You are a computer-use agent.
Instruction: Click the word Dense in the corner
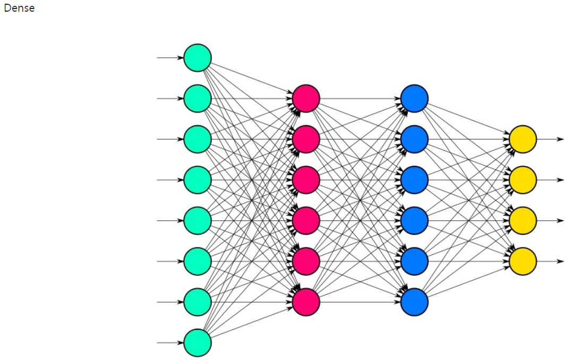[x=19, y=8]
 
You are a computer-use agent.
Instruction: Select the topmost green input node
[x=198, y=57]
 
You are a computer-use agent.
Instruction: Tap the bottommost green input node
[x=198, y=342]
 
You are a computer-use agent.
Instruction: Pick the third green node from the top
[x=198, y=139]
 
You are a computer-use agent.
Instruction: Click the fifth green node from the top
[x=198, y=220]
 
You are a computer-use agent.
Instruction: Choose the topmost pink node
[x=306, y=98]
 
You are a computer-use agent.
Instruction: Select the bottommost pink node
[x=306, y=302]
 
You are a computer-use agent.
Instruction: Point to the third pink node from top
[x=306, y=180]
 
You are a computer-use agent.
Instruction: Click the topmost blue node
[x=414, y=98]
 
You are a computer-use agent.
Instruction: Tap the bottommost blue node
[x=414, y=302]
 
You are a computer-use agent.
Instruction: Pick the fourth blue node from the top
[x=414, y=220]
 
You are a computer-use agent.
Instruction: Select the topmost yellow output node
[x=522, y=139]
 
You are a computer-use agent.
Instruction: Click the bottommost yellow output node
[x=522, y=261]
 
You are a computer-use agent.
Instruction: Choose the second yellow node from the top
[x=522, y=180]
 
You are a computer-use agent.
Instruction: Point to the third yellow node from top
[x=522, y=220]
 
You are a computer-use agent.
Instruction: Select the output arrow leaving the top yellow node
[x=551, y=139]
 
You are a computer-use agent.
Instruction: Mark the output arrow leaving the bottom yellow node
[x=551, y=261]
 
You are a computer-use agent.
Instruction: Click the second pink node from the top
[x=306, y=139]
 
